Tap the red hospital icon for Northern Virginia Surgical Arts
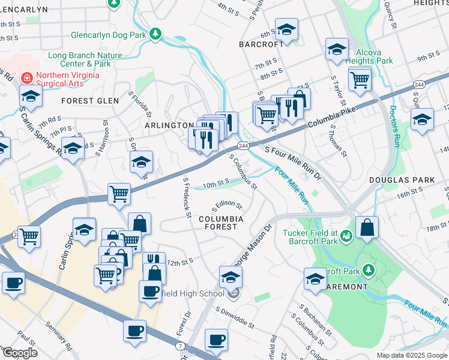pyautogui.click(x=26, y=77)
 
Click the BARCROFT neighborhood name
pyautogui.click(x=261, y=44)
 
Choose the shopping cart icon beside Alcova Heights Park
pyautogui.click(x=359, y=79)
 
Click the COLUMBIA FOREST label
pyautogui.click(x=221, y=223)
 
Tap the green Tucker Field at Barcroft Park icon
pyautogui.click(x=346, y=234)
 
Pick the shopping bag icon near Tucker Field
pyautogui.click(x=367, y=228)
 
